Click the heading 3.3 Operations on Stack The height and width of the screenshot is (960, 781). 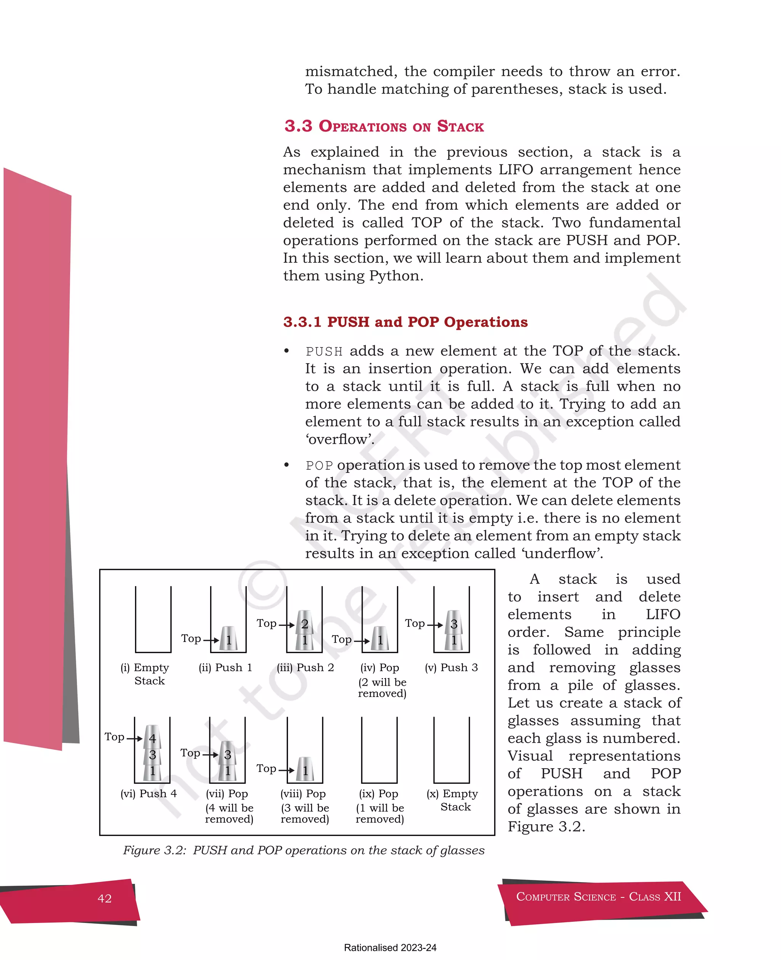pyautogui.click(x=384, y=126)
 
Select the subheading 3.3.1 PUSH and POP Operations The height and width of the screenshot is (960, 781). pyautogui.click(x=405, y=322)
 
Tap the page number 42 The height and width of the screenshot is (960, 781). pyautogui.click(x=104, y=898)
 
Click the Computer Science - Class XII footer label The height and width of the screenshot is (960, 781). pyautogui.click(x=598, y=897)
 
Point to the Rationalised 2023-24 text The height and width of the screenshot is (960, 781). pyautogui.click(x=390, y=947)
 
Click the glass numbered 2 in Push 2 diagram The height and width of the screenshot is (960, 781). pyautogui.click(x=305, y=624)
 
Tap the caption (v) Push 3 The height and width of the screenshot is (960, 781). pyautogui.click(x=451, y=667)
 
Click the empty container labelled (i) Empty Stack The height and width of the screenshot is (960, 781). pyautogui.click(x=153, y=619)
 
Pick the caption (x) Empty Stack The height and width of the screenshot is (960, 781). pyautogui.click(x=453, y=800)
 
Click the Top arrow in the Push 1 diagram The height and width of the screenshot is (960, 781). pyautogui.click(x=211, y=640)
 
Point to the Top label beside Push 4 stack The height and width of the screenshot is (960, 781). pyautogui.click(x=114, y=737)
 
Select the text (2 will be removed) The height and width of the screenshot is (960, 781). pyautogui.click(x=382, y=688)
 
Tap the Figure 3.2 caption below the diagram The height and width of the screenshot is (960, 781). pyautogui.click(x=304, y=850)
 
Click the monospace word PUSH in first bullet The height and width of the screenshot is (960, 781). pyautogui.click(x=324, y=351)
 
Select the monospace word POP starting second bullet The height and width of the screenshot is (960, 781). pyautogui.click(x=319, y=466)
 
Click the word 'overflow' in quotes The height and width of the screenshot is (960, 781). pyautogui.click(x=340, y=439)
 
